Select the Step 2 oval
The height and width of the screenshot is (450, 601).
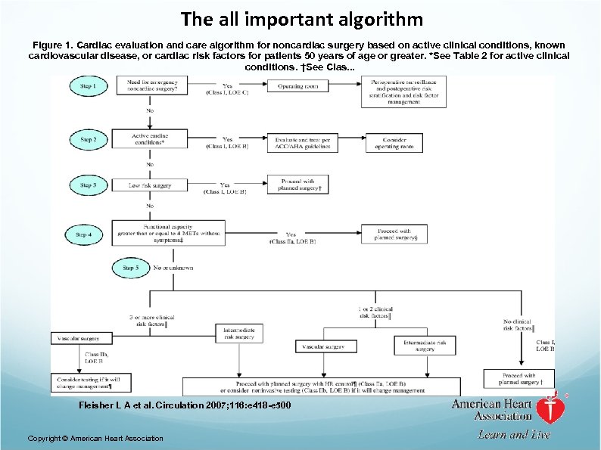(x=89, y=139)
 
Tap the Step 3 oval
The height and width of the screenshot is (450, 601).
(x=88, y=185)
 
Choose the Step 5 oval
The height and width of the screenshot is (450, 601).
(x=130, y=268)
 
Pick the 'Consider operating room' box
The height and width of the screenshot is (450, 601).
(x=394, y=141)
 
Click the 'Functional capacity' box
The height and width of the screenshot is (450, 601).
(x=168, y=234)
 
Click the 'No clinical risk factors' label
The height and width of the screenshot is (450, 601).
(x=518, y=325)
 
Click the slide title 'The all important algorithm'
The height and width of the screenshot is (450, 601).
(x=300, y=18)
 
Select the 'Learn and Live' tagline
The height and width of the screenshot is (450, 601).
(x=513, y=434)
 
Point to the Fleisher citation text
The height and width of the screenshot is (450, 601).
(x=185, y=406)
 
